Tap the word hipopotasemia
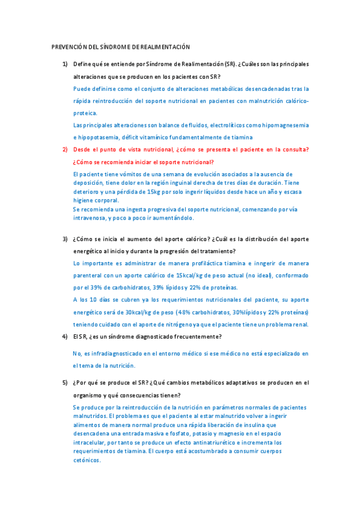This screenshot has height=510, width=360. pyautogui.click(x=97, y=137)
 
